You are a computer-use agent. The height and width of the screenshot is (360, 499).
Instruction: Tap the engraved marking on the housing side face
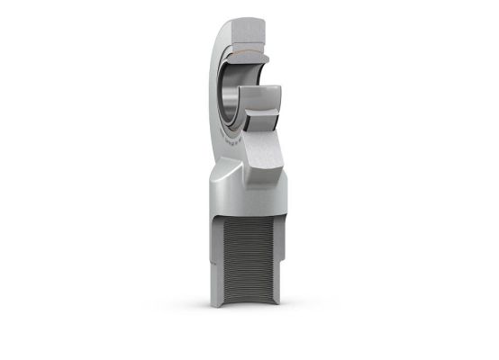coord(219,121)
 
